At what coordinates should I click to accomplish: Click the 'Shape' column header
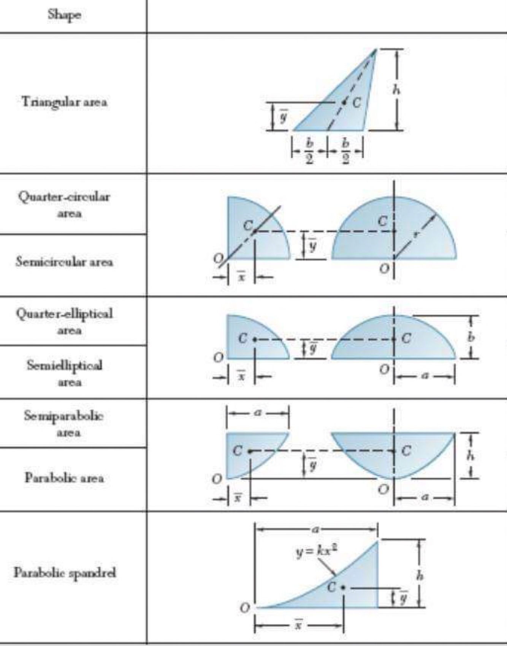(65, 15)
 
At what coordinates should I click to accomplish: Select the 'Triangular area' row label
(64, 102)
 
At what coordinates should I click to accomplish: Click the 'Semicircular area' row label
(64, 262)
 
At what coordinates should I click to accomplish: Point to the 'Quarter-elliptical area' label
(65, 321)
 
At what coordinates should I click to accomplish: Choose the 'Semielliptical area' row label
(65, 373)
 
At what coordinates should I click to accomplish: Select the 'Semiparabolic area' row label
(65, 423)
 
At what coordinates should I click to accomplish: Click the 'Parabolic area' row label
(64, 477)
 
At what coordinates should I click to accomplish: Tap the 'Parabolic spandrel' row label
(65, 573)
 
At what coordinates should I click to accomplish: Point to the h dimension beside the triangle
(396, 90)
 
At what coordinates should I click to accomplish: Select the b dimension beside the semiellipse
(472, 337)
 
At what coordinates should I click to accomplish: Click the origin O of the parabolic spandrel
(245, 608)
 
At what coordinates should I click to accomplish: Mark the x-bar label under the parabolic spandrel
(299, 625)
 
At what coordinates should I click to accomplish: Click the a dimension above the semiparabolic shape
(258, 413)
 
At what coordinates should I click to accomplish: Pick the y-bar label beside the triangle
(283, 116)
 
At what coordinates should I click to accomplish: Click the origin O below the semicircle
(384, 269)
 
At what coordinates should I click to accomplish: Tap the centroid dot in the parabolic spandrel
(343, 587)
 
